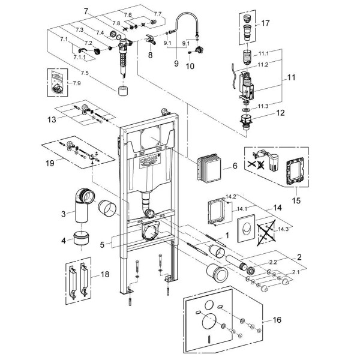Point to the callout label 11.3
(264, 106)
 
